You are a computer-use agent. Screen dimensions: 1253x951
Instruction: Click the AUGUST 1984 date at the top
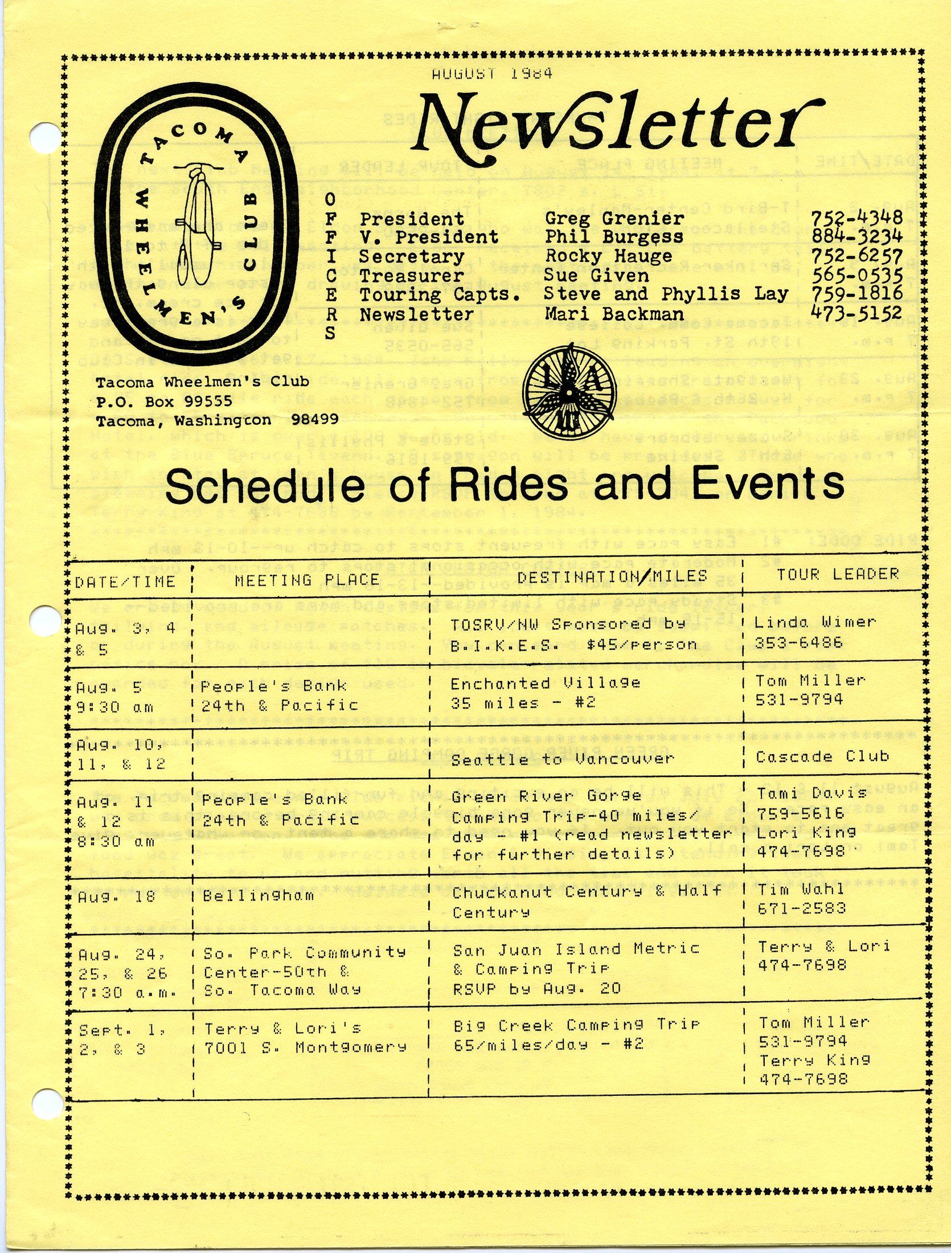(x=491, y=73)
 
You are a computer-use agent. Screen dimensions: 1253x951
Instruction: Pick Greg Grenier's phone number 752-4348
(x=856, y=218)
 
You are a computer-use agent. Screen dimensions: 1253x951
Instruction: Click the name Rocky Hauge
(x=608, y=256)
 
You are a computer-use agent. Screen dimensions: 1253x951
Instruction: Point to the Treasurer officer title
(x=412, y=276)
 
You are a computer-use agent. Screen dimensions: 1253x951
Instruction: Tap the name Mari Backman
(x=614, y=314)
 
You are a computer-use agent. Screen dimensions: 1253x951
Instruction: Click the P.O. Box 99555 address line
(x=164, y=401)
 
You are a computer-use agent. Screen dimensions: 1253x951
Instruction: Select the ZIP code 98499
(x=314, y=419)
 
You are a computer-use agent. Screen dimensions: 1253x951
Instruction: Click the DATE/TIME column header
(x=125, y=582)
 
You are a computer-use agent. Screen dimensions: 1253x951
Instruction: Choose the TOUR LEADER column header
(x=838, y=574)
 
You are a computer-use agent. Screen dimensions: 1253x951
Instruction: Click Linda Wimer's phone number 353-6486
(x=798, y=643)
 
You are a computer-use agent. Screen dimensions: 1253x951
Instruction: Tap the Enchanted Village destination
(x=545, y=683)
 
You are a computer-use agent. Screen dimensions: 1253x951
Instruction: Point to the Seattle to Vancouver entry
(x=563, y=759)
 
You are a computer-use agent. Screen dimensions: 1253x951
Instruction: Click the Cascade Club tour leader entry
(x=822, y=757)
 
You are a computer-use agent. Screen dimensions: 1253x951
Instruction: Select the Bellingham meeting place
(x=259, y=895)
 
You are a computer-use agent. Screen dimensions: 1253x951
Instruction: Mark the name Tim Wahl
(x=801, y=889)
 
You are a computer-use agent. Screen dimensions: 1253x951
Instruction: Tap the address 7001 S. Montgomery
(x=305, y=1047)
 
